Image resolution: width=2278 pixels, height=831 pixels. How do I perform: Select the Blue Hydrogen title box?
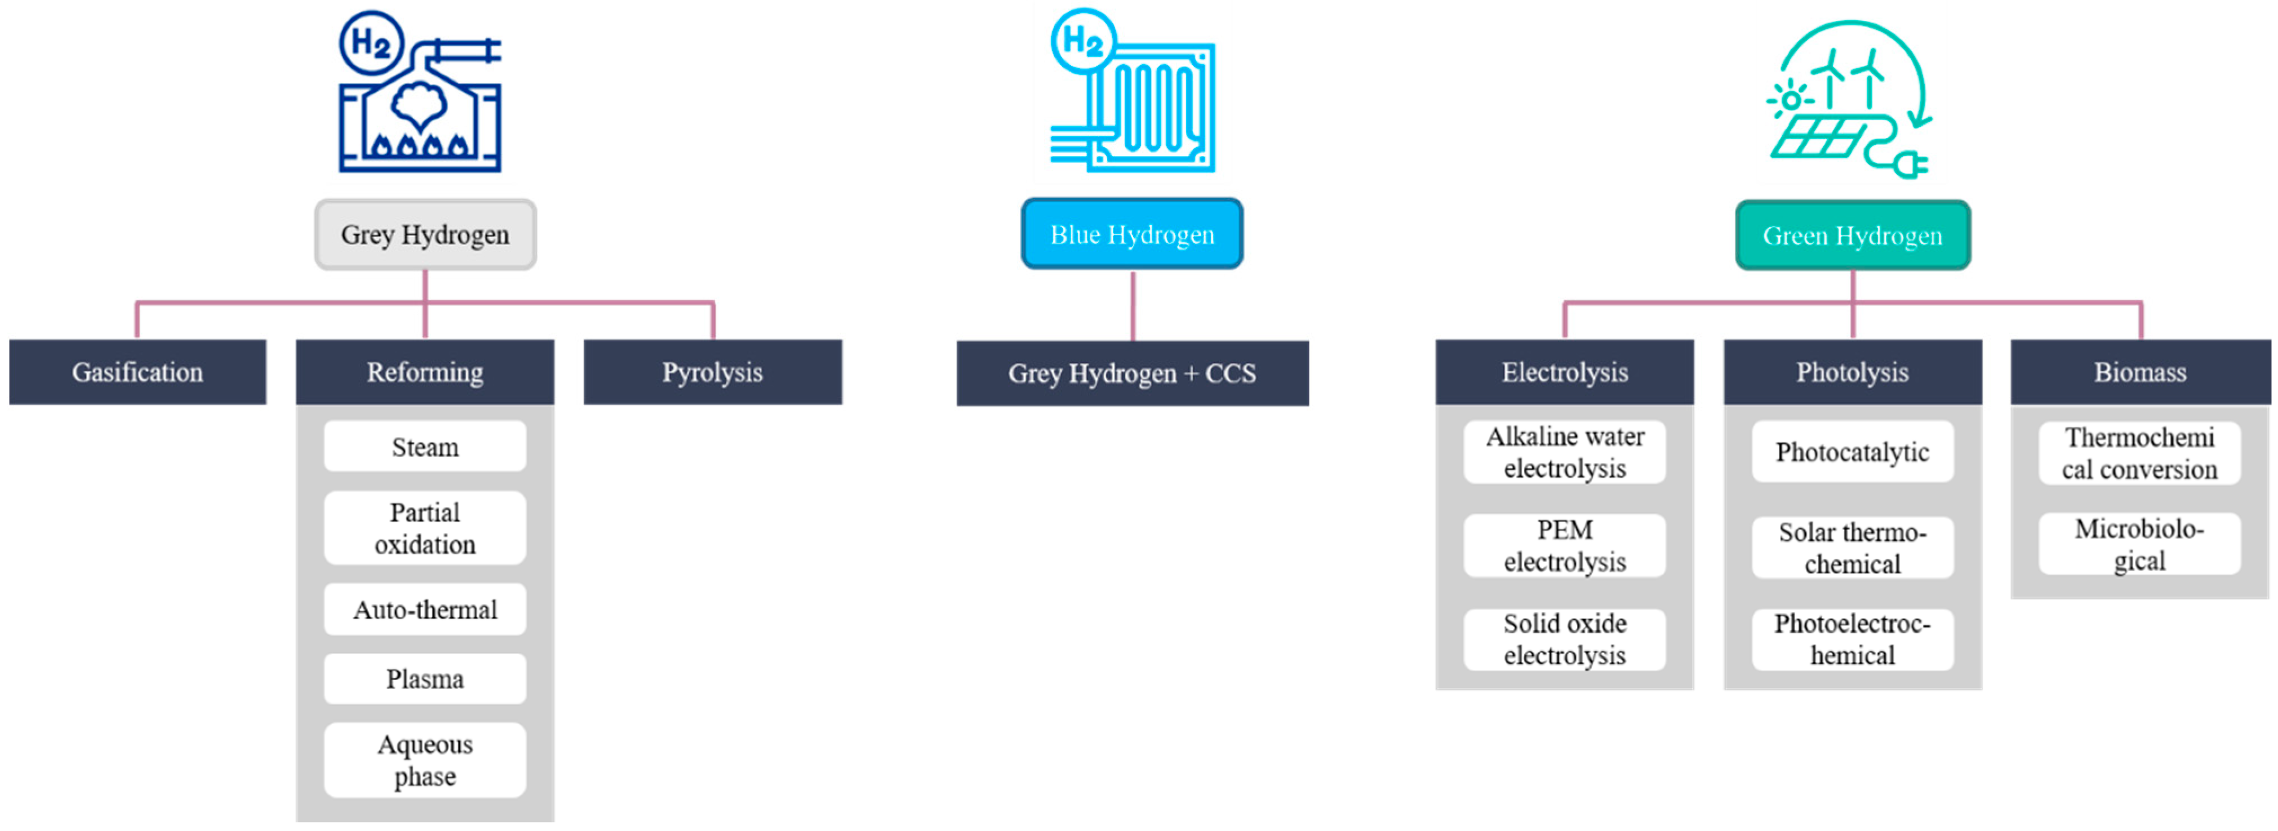(1132, 234)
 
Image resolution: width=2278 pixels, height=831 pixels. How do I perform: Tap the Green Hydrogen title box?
(1853, 235)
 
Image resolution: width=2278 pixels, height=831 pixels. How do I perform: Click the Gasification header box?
(137, 372)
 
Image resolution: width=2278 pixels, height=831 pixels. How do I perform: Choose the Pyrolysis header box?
(713, 372)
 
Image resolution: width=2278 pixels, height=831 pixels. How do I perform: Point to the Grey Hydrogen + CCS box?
(1132, 373)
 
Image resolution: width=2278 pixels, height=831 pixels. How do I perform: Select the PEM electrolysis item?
(1564, 545)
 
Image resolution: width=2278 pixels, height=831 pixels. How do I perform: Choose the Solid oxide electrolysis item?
(1564, 639)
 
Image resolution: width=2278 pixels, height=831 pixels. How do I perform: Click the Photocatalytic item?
(1853, 452)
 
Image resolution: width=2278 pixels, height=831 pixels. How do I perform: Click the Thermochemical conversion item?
(2139, 452)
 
